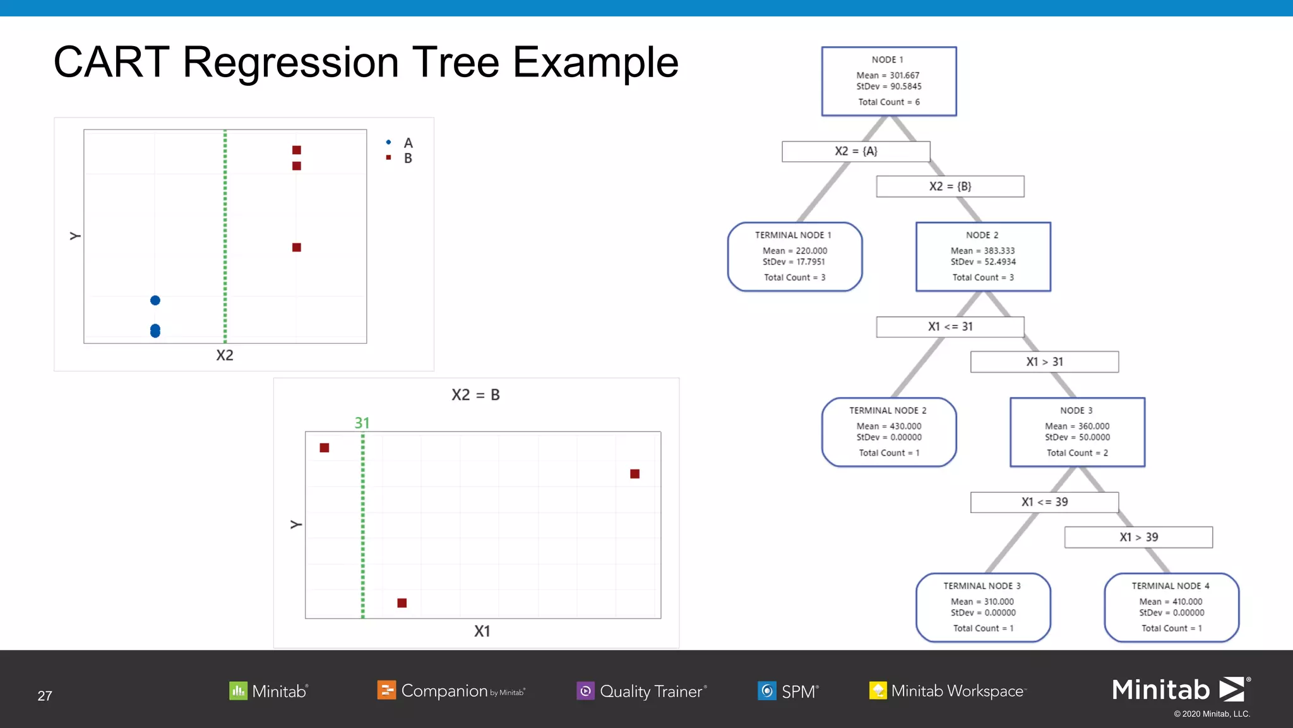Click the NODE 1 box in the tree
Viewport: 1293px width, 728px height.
click(888, 81)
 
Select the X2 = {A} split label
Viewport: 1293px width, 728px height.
click(855, 152)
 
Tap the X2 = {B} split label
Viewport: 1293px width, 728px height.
click(950, 186)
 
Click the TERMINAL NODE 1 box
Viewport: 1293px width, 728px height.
click(794, 257)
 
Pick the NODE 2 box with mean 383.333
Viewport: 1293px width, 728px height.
click(982, 257)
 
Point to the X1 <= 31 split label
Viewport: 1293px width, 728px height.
click(950, 327)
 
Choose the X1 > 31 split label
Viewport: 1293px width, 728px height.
click(1044, 362)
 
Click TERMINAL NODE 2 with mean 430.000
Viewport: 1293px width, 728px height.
click(888, 432)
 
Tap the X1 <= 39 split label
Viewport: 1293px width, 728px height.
click(1044, 502)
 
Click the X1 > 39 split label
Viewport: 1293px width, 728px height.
click(1138, 537)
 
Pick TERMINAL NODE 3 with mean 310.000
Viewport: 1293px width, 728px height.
click(982, 607)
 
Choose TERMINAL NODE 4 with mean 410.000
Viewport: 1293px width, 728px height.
click(1171, 607)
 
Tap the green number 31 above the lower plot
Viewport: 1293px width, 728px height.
click(362, 423)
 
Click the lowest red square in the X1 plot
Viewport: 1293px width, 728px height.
click(402, 603)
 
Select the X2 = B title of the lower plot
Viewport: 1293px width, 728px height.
click(475, 395)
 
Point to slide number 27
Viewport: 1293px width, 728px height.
click(45, 696)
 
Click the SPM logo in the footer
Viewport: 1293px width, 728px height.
click(788, 691)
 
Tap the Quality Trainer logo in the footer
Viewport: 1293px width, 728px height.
click(641, 691)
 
